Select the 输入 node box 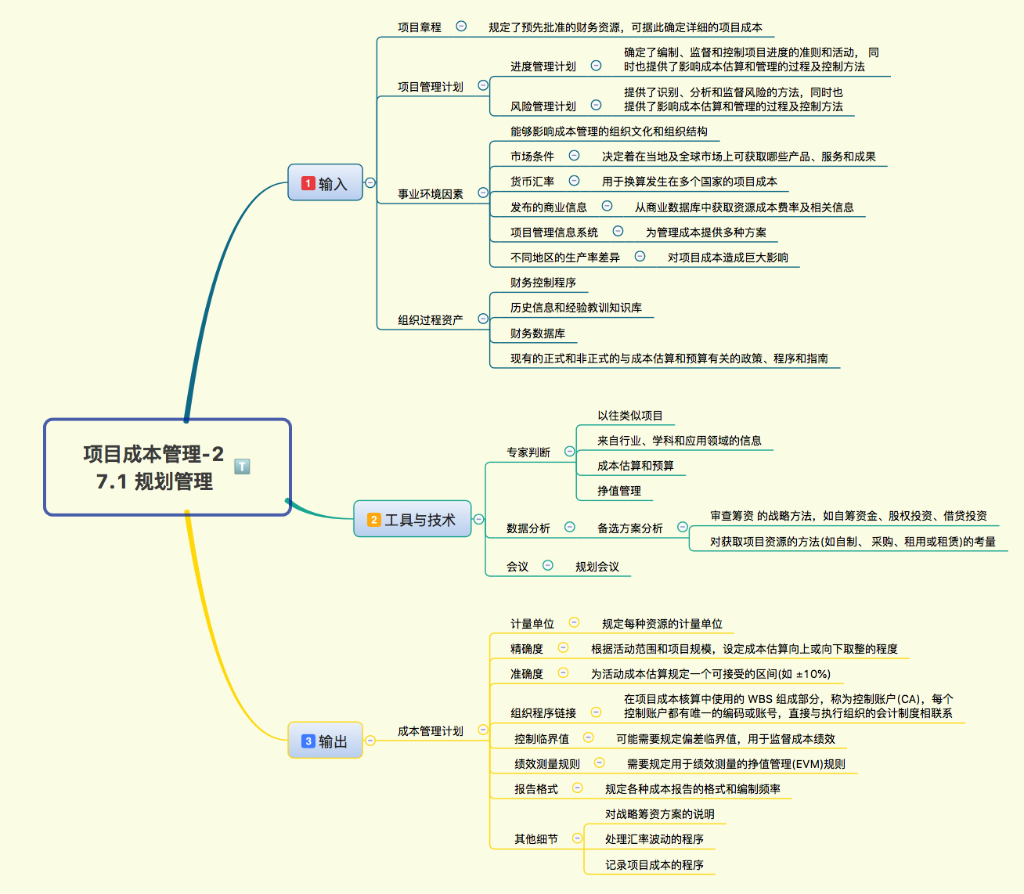coord(325,183)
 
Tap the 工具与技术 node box coord(412,520)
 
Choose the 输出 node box coord(325,741)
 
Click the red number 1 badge coord(308,183)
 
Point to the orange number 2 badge coord(373,520)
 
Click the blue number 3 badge coord(308,741)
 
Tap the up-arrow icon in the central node coord(243,467)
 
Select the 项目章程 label coord(420,27)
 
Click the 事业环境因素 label coord(431,193)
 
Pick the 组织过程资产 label coord(431,319)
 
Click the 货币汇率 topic coord(532,182)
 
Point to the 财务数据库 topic coord(538,333)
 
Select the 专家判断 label coord(528,452)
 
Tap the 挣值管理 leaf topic coord(619,491)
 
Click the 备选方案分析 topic coord(630,528)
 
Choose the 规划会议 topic coord(597,567)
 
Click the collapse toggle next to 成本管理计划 coord(483,730)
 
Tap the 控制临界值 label coord(542,739)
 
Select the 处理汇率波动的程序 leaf coord(654,839)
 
